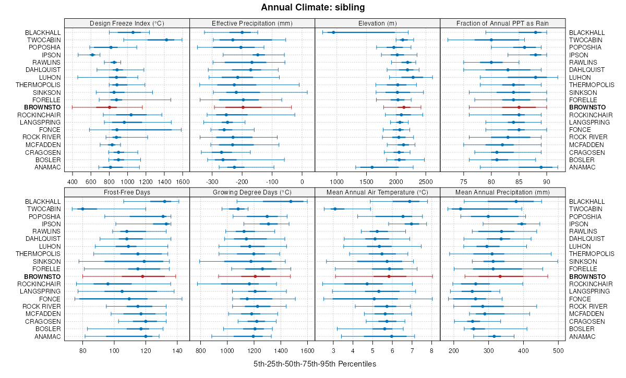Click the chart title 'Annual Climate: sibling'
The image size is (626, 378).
(x=313, y=7)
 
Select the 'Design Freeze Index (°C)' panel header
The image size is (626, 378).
(x=127, y=23)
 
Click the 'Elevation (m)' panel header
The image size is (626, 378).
(x=378, y=23)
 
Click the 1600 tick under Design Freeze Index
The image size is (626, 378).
(x=183, y=181)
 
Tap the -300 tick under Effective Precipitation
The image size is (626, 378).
(x=212, y=181)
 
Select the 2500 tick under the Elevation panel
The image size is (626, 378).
(x=426, y=181)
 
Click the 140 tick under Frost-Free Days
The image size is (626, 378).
(x=177, y=350)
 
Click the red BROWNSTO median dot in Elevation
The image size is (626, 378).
(x=404, y=107)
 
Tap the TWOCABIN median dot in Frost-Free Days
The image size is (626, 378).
(x=82, y=209)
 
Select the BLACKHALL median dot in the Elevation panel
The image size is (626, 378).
(x=333, y=32)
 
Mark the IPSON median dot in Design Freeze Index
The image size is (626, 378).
(x=92, y=55)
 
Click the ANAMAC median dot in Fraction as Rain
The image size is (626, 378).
(x=541, y=167)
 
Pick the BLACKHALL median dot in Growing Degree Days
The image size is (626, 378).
(x=291, y=201)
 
